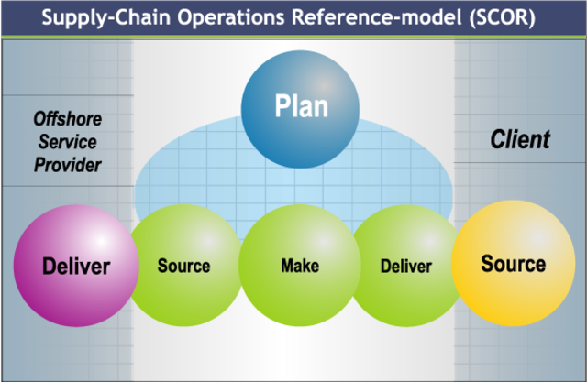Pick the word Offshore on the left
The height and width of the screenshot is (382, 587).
point(67,119)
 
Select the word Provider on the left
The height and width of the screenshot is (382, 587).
point(68,165)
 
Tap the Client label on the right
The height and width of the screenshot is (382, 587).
point(520,139)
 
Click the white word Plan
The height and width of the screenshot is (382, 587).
point(301,107)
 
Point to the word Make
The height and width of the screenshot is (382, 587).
point(299,267)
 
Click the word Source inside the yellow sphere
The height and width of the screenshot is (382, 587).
point(513,264)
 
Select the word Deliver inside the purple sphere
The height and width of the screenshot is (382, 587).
point(76,267)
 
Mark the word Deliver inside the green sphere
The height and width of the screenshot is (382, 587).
point(405,267)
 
